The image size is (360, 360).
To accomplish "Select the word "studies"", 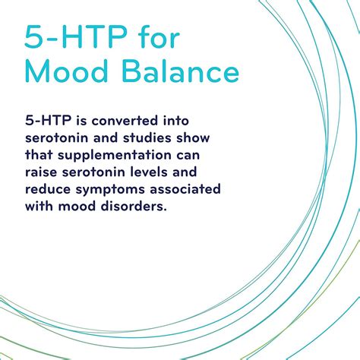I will click(149, 139).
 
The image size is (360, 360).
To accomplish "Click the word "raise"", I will click(42, 173).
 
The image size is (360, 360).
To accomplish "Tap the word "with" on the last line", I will click(39, 207).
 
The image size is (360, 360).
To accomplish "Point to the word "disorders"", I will click(132, 207).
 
